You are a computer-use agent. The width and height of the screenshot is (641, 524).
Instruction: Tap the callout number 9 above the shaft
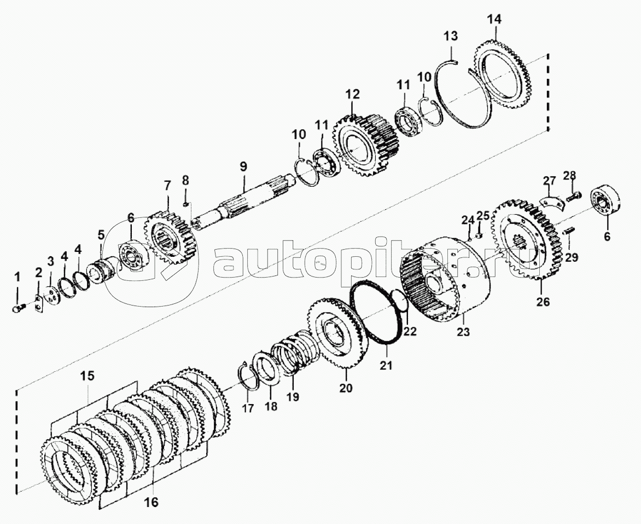(243, 165)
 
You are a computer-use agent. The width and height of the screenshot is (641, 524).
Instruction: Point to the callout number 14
(493, 20)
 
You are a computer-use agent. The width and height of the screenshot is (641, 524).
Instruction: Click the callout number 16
(153, 500)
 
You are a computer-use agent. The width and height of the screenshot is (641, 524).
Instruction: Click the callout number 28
(569, 175)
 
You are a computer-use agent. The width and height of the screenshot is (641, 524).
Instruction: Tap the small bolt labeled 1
(17, 309)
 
